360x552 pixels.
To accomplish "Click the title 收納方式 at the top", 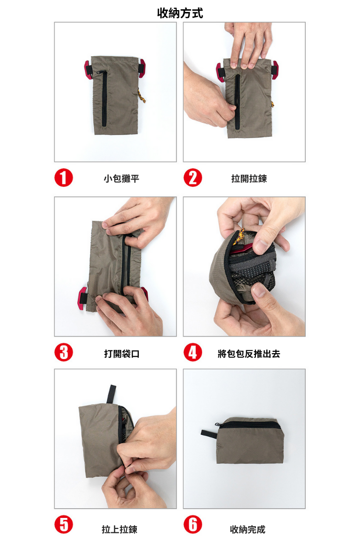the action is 180,13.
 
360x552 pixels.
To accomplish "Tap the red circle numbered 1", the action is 64,178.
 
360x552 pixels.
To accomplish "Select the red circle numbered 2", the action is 193,178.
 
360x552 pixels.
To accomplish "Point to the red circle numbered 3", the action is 64,352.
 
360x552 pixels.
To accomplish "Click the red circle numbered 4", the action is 193,352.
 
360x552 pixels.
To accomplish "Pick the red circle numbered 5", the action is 64,525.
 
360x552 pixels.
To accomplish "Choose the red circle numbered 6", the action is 193,525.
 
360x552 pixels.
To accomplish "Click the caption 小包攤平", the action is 121,179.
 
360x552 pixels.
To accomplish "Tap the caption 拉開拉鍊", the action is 249,179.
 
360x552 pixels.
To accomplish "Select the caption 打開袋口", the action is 121,353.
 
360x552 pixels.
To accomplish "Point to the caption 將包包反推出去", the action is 249,353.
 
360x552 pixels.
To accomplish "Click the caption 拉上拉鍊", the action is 120,529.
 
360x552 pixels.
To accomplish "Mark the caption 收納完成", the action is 247,529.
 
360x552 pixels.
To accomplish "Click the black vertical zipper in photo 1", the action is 104,98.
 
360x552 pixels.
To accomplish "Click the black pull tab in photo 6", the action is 209,433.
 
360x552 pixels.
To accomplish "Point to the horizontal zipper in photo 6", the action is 251,425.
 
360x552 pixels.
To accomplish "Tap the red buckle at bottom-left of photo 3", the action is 83,299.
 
